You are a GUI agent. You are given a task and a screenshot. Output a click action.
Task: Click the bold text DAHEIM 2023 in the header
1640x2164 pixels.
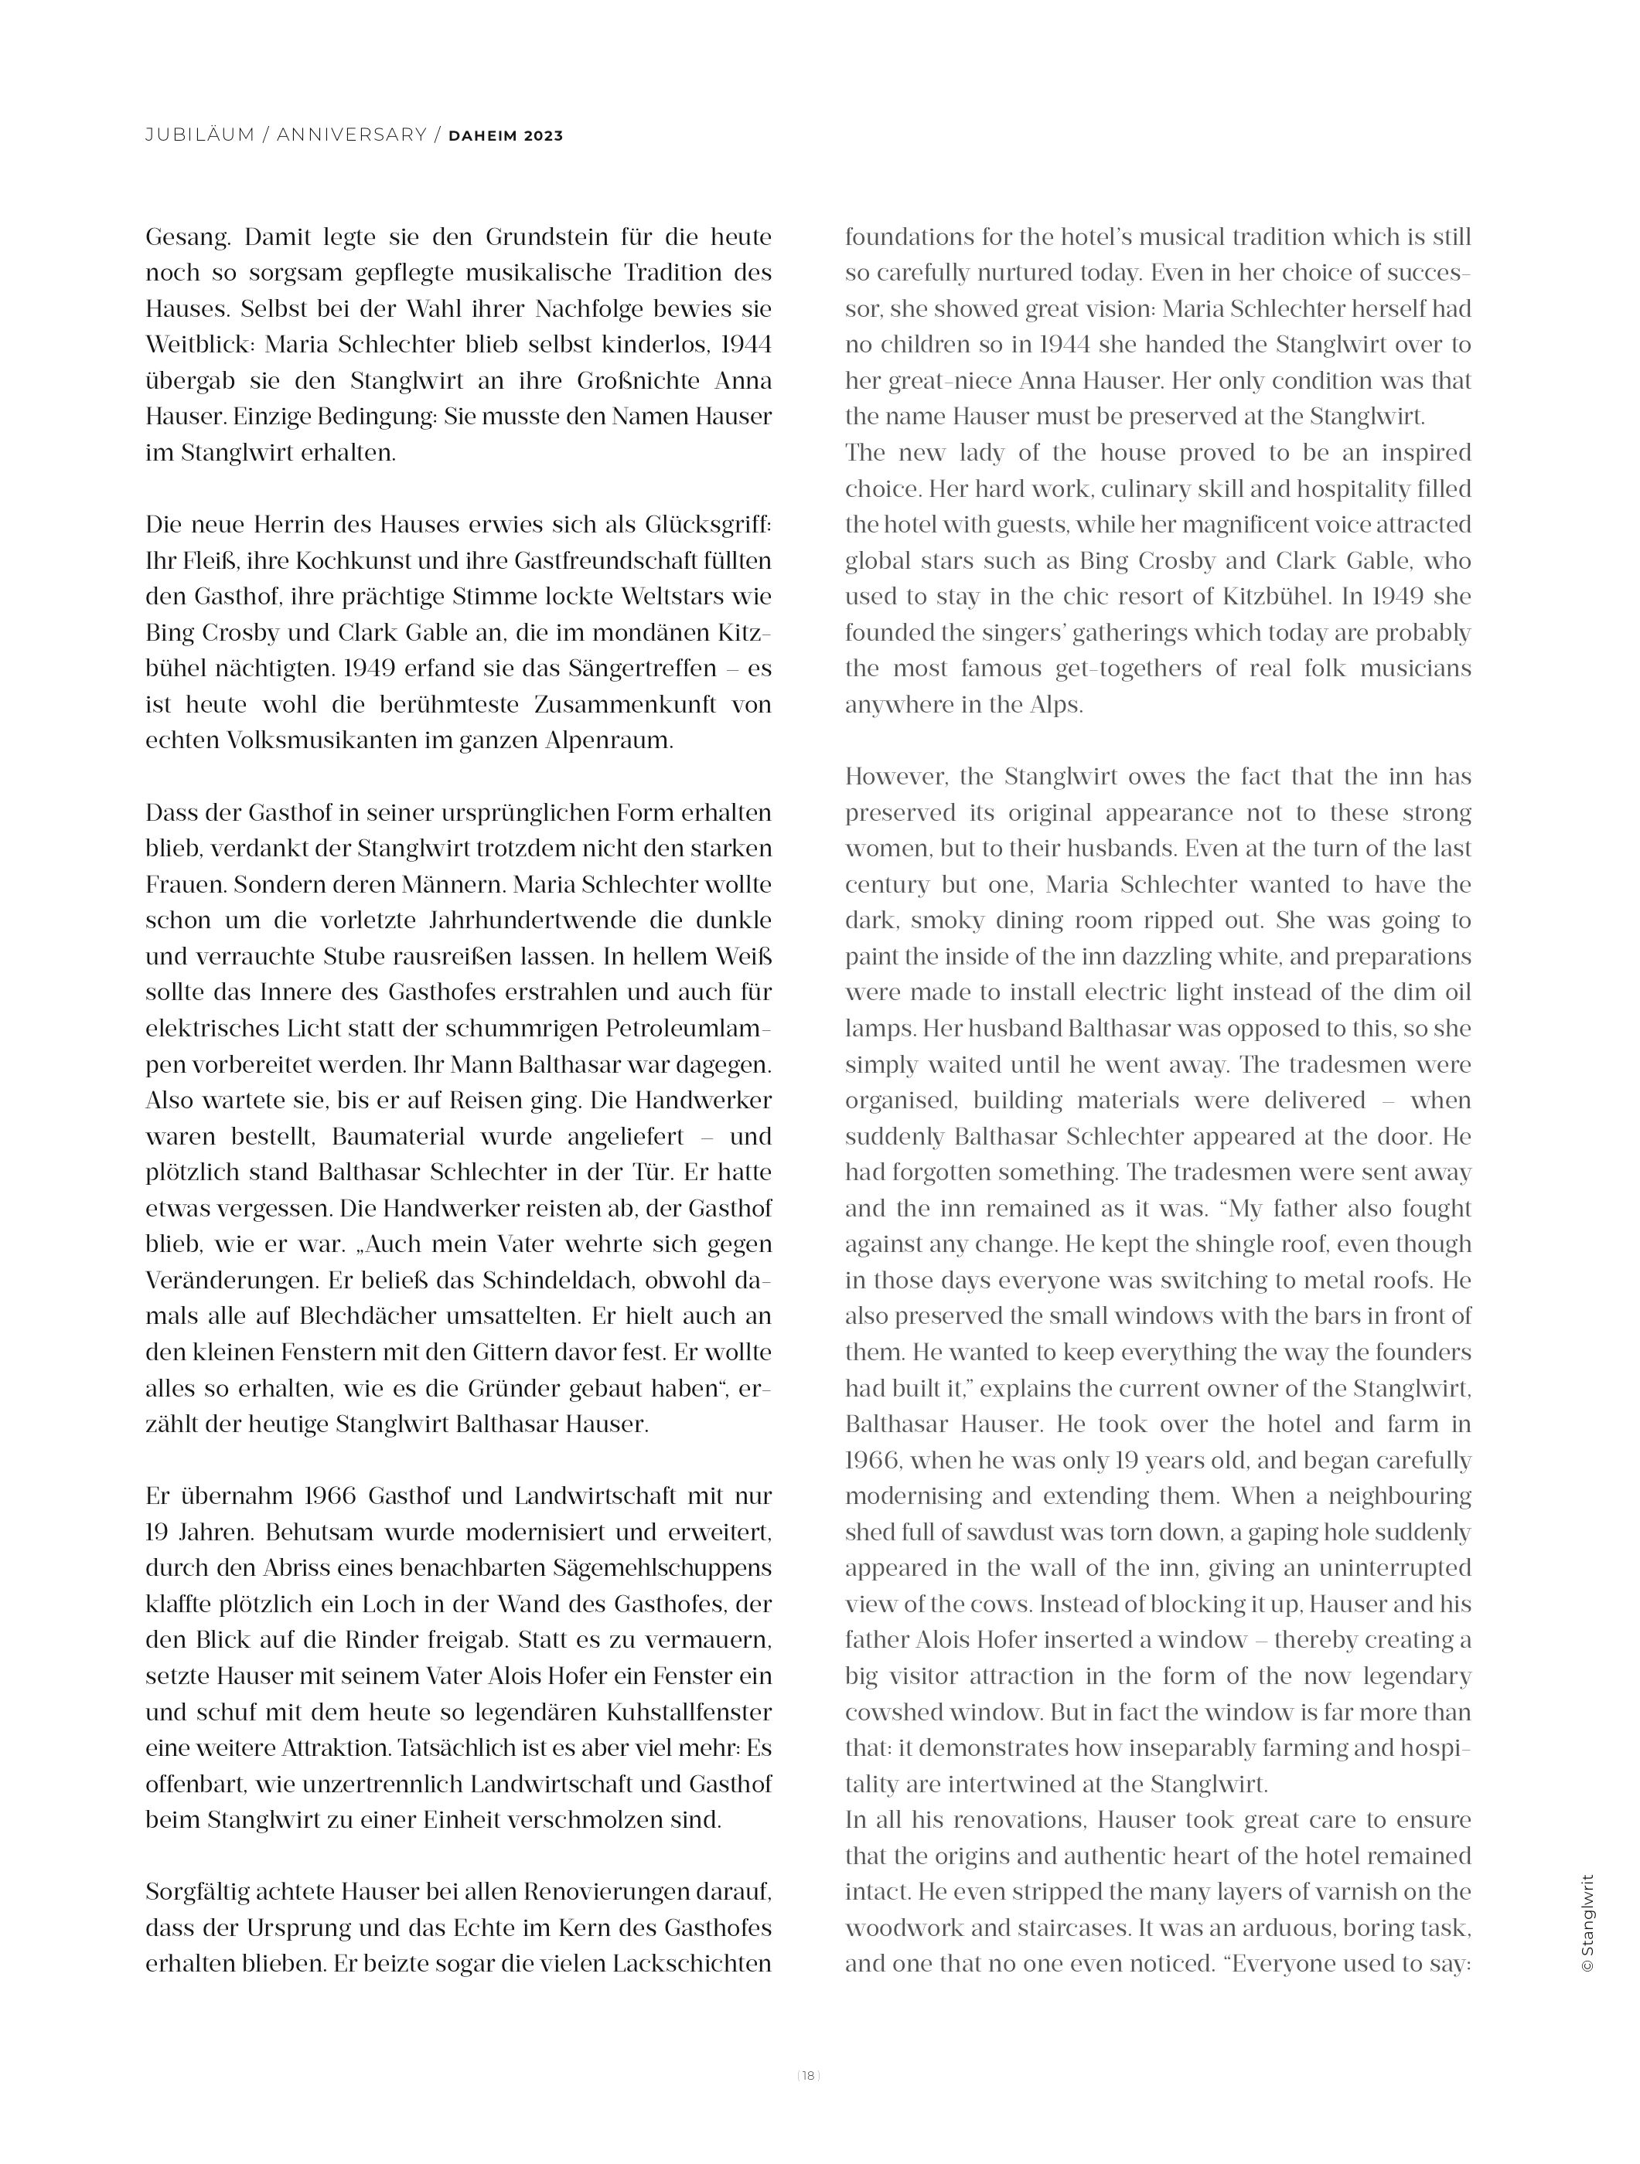tap(505, 136)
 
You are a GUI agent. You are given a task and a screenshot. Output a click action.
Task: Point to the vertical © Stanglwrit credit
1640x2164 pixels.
tap(1587, 1924)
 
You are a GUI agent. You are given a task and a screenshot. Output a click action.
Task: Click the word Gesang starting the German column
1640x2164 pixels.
tap(188, 238)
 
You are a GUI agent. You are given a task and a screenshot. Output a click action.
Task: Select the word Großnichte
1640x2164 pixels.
tap(626, 380)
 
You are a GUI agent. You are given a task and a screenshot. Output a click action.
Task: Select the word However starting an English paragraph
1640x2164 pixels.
tap(895, 777)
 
